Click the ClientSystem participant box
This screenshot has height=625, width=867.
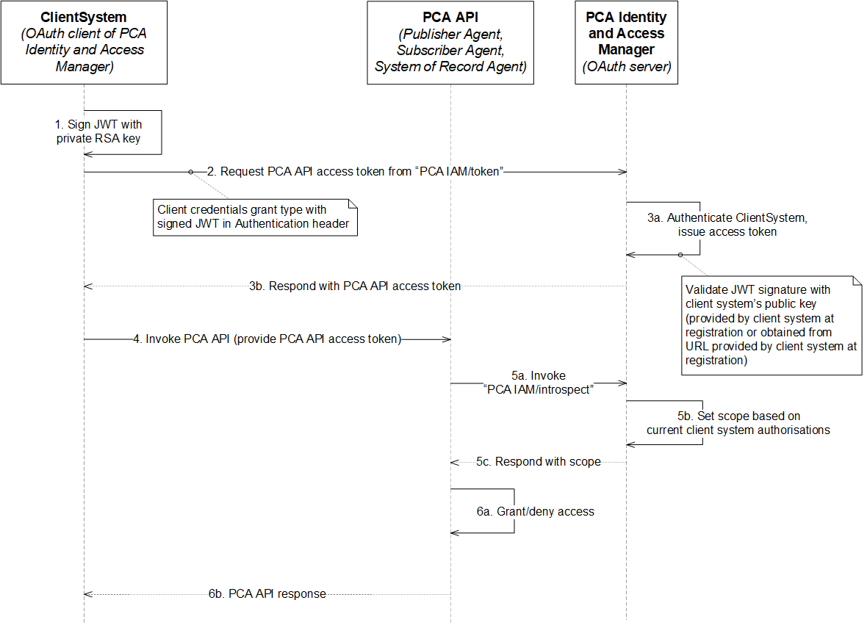tap(84, 42)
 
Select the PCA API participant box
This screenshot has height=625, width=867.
tap(450, 42)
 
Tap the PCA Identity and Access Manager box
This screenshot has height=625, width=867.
tap(626, 42)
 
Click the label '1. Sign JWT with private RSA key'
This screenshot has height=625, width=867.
tap(99, 131)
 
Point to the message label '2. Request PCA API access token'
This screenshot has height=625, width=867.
tap(361, 172)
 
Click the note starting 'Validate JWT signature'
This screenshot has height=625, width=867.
tap(771, 325)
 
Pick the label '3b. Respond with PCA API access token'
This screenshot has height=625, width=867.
tap(354, 286)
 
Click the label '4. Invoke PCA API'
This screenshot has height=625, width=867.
tap(267, 339)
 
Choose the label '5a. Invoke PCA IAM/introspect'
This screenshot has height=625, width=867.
tap(539, 383)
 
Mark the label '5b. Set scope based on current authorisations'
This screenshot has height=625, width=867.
tap(738, 423)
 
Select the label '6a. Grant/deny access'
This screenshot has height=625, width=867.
tap(535, 511)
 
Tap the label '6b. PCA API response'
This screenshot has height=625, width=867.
tap(267, 593)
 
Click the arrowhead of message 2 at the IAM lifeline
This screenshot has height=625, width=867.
tap(622, 172)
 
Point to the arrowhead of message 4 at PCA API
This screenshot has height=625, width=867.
tap(447, 339)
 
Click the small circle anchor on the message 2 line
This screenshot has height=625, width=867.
tap(191, 172)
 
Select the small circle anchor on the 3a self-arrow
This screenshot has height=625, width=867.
tap(680, 255)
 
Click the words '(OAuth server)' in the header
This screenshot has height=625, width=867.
tap(626, 67)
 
